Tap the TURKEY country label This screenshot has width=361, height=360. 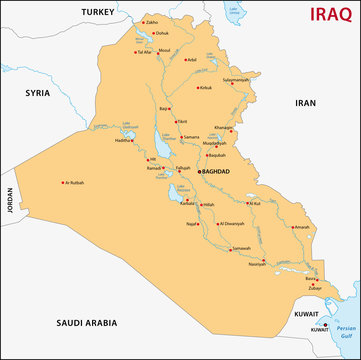click(x=99, y=11)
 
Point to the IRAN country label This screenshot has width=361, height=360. click(x=304, y=102)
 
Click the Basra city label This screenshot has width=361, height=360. click(x=311, y=279)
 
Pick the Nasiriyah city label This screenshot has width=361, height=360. click(x=257, y=266)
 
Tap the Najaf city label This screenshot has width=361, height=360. click(x=195, y=226)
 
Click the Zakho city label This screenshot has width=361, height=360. click(x=152, y=21)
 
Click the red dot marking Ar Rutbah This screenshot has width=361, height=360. click(x=62, y=182)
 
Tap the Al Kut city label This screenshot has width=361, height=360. click(x=253, y=203)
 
